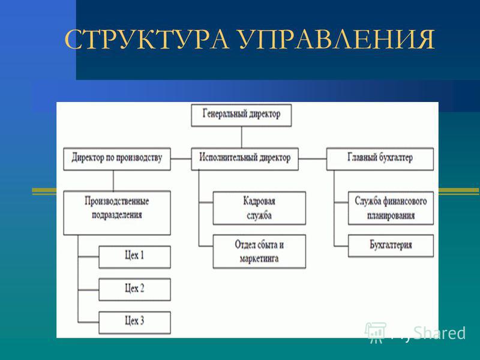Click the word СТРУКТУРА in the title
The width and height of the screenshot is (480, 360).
click(146, 39)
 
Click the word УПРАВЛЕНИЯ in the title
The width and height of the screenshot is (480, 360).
click(337, 39)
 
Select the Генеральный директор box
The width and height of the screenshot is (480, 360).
click(241, 115)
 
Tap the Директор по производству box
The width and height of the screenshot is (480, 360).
click(117, 159)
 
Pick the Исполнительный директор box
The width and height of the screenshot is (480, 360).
click(245, 159)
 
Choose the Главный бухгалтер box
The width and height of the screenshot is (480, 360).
click(380, 159)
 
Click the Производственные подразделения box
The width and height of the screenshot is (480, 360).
click(117, 213)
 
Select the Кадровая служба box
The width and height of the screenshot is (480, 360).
click(259, 208)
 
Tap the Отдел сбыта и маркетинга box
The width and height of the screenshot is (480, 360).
click(259, 251)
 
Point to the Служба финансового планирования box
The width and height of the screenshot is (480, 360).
click(391, 208)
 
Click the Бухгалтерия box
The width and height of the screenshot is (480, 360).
click(391, 246)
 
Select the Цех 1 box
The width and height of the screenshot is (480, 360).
click(134, 257)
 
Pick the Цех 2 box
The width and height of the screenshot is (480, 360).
click(134, 290)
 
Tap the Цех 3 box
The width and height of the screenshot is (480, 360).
click(134, 322)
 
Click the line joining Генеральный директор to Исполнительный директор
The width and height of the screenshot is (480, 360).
click(242, 137)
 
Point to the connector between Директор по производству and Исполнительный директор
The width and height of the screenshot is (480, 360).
click(181, 159)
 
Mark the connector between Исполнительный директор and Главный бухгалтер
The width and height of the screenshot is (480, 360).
click(313, 159)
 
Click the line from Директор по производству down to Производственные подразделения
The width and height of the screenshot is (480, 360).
click(113, 181)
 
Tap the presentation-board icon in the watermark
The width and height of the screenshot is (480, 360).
click(376, 332)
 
